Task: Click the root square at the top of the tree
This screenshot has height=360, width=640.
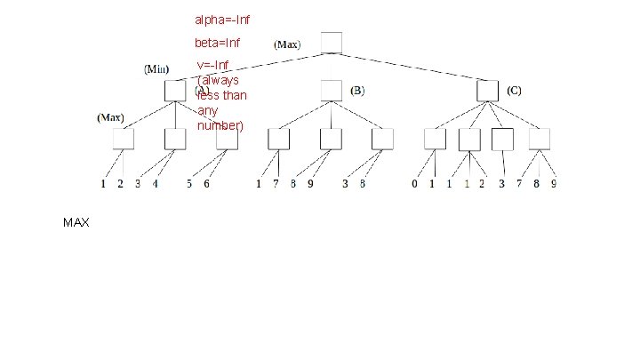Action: [331, 43]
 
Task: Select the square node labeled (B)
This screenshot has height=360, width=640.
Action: [331, 91]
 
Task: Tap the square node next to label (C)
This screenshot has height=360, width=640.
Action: [487, 91]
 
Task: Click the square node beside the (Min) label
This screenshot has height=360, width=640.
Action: [175, 91]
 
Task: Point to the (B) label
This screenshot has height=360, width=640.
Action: [357, 91]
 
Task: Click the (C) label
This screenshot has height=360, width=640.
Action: [515, 91]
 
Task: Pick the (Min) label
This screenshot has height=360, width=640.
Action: [156, 68]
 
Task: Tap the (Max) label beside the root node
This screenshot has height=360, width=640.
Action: [287, 44]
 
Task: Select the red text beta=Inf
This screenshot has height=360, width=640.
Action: [217, 43]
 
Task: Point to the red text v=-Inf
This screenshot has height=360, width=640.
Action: [213, 65]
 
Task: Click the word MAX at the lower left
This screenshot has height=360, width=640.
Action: [76, 222]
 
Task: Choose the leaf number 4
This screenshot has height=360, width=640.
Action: [156, 185]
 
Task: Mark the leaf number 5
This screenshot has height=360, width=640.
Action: [189, 185]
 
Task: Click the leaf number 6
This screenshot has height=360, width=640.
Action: [207, 185]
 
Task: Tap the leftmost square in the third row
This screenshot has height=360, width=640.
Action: [123, 139]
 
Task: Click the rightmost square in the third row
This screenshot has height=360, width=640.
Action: [540, 139]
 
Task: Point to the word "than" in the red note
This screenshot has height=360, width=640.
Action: [235, 95]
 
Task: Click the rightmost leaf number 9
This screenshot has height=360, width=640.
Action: [554, 185]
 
